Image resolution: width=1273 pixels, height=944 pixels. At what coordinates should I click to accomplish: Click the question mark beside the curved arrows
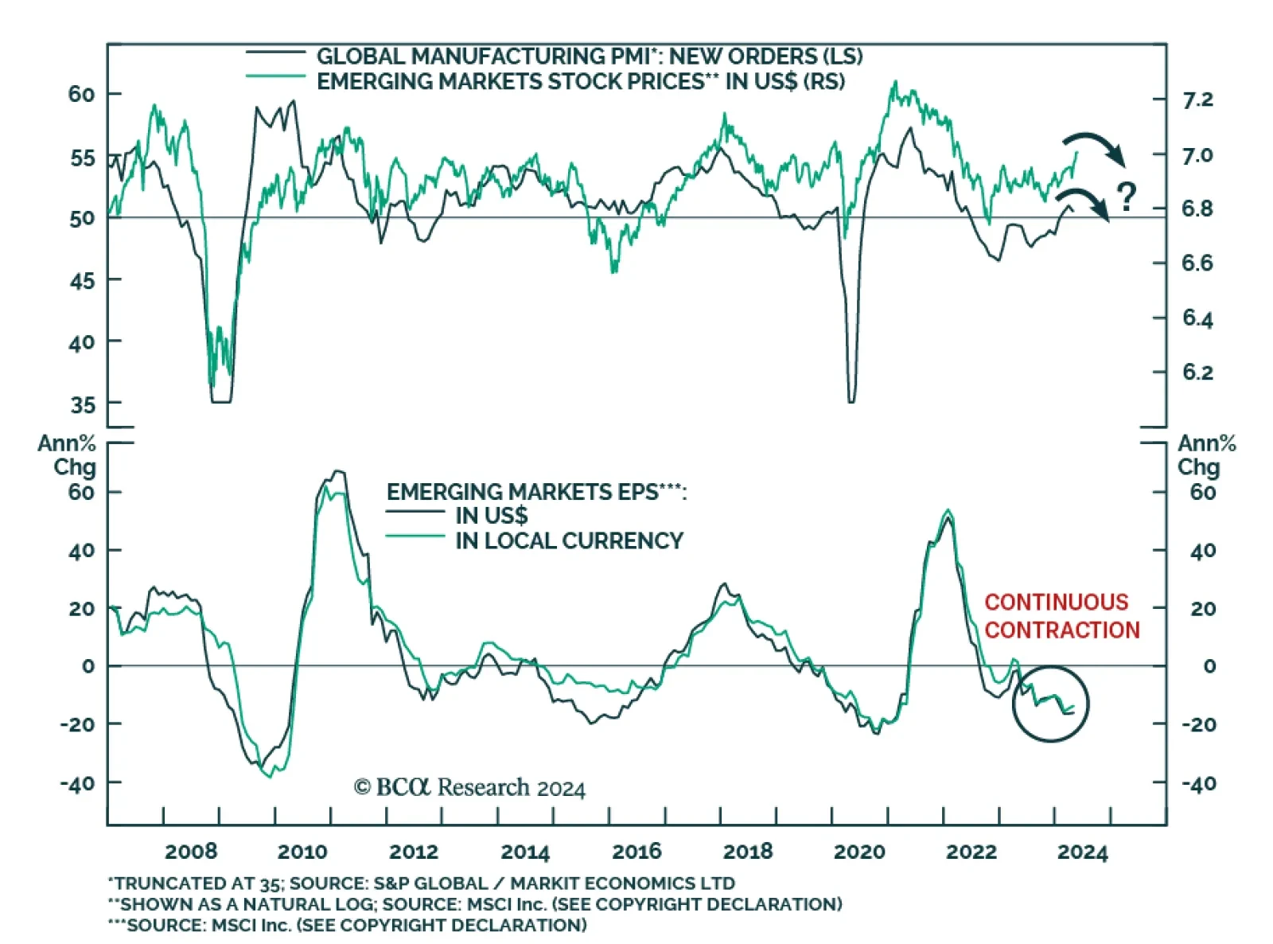click(1126, 197)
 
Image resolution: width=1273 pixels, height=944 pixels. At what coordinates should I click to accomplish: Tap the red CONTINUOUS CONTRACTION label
click(1061, 616)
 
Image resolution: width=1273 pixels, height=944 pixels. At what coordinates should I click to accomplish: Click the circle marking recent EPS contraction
click(1050, 704)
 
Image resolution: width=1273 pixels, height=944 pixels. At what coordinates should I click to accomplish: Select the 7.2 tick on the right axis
click(1197, 100)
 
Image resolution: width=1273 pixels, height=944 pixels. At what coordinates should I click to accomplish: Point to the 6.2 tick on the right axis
click(1197, 373)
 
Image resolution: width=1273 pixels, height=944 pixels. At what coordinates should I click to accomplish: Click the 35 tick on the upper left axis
click(82, 405)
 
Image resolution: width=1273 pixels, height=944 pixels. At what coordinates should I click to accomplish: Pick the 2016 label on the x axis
click(636, 852)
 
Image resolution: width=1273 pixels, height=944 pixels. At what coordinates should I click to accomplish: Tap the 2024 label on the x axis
click(1082, 852)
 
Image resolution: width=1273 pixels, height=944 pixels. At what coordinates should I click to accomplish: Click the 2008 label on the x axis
click(191, 852)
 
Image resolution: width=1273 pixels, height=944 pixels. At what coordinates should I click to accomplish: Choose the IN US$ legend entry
click(491, 516)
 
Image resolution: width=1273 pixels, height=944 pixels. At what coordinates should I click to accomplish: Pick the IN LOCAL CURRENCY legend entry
click(569, 541)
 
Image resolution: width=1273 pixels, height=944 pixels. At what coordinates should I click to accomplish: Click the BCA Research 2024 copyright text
click(469, 788)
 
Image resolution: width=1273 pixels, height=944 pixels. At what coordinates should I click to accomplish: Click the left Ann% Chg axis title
click(68, 455)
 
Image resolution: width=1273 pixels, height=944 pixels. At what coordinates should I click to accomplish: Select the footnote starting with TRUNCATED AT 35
click(422, 884)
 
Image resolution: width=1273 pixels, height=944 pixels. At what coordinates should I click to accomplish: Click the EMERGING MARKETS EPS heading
click(536, 492)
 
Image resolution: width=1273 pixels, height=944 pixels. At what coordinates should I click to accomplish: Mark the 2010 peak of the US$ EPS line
click(338, 471)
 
